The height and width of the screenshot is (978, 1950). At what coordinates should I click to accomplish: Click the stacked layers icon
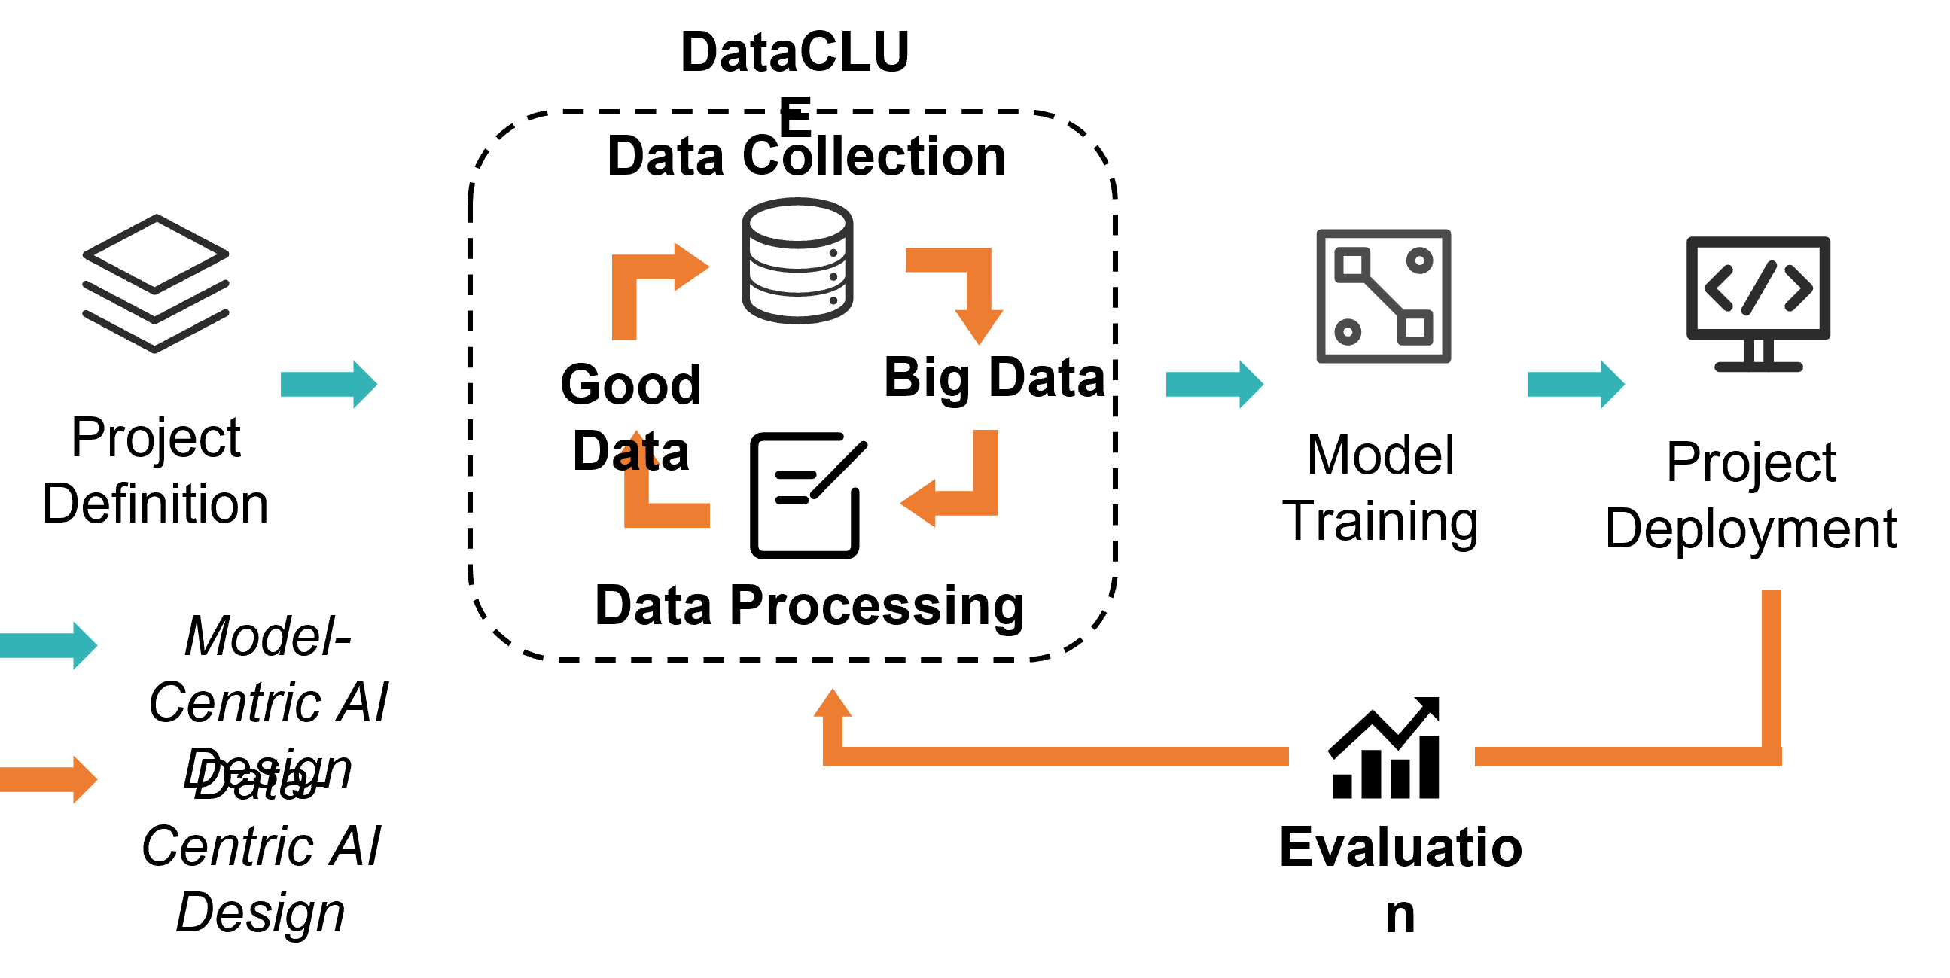[x=156, y=283]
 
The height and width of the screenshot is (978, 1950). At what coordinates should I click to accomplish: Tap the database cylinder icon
[x=797, y=261]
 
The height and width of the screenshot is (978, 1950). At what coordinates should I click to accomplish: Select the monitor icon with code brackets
[x=1759, y=303]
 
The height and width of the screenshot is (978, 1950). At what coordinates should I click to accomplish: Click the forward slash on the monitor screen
[x=1759, y=288]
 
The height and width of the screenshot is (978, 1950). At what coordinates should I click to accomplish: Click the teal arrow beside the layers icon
[x=328, y=385]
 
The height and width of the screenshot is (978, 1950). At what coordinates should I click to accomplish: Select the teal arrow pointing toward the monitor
[x=1575, y=385]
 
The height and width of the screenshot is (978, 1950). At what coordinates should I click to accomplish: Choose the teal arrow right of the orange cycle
[x=1214, y=385]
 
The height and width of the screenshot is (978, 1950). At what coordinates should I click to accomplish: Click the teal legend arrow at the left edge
[x=48, y=646]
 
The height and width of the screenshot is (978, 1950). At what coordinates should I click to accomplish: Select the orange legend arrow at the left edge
[x=48, y=779]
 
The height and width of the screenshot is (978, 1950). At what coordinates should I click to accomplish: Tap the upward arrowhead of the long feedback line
[x=833, y=704]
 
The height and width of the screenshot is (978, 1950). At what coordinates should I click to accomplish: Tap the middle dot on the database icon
[x=833, y=277]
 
